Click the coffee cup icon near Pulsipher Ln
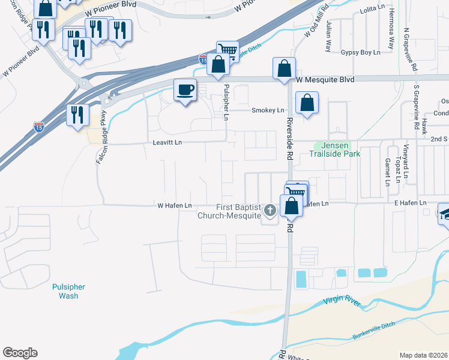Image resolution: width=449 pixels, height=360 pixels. [x=185, y=91]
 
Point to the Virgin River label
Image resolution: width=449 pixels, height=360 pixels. [x=342, y=302]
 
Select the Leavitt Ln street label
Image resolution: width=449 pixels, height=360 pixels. [x=167, y=142]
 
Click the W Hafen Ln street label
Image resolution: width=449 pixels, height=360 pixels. [x=174, y=206]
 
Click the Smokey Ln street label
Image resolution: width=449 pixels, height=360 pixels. [x=268, y=110]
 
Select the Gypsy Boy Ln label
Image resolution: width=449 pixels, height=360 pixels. [x=361, y=52]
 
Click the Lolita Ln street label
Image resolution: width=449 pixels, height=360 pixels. [x=370, y=11]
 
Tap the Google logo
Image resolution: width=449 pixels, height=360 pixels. [x=20, y=353]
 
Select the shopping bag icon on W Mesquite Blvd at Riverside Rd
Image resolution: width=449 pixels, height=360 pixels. [x=285, y=69]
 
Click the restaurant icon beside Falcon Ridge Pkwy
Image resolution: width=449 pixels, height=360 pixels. [x=78, y=114]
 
